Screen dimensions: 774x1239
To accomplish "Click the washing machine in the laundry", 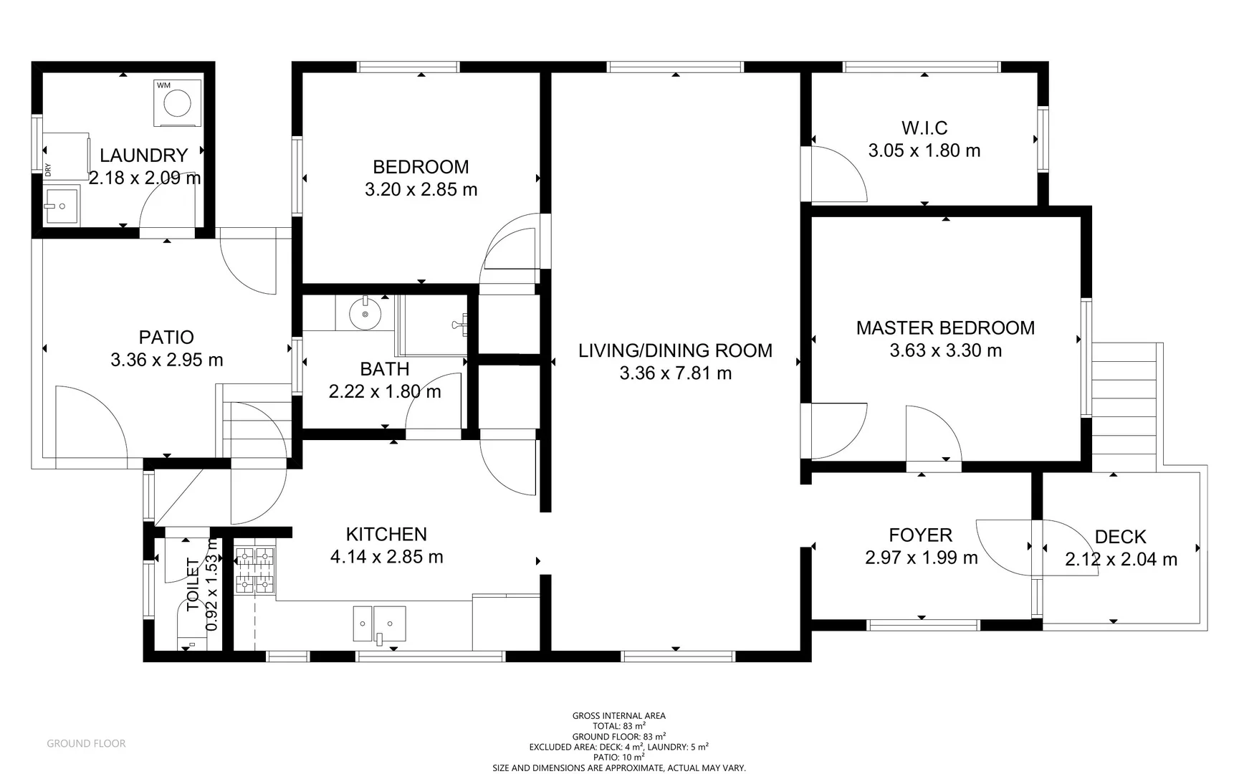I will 177,103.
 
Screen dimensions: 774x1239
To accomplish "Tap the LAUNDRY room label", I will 143,155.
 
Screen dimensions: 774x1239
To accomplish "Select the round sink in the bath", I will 365,314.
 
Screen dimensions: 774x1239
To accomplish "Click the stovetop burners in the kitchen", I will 256,570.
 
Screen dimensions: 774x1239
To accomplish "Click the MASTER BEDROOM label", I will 945,328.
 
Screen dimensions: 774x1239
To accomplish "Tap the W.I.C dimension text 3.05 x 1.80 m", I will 924,150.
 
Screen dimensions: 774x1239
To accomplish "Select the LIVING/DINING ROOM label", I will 675,350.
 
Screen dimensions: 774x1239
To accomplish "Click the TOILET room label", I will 193,585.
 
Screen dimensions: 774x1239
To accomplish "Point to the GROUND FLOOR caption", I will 86,744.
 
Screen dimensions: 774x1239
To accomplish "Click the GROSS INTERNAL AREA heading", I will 618,715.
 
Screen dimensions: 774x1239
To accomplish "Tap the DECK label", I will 1120,537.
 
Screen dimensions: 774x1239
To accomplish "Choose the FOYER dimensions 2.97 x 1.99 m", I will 921,558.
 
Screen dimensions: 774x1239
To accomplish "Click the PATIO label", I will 166,337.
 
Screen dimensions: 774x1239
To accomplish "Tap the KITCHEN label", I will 386,534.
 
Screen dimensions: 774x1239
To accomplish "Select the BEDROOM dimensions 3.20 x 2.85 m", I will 421,190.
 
